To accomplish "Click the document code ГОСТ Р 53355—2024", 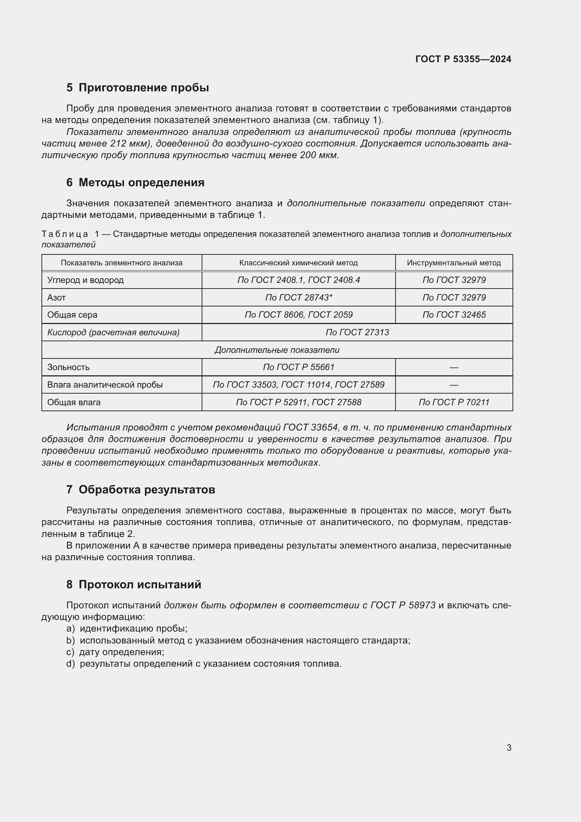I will click(x=463, y=59).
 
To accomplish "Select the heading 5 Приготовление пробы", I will click(x=138, y=88).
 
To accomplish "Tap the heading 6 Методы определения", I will click(x=135, y=183).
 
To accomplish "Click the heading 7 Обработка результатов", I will click(x=141, y=490).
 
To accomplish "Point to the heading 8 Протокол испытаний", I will click(x=134, y=584).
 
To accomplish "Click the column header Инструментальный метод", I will click(x=453, y=263).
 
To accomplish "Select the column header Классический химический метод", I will click(x=298, y=263).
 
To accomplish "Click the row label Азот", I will click(x=57, y=298).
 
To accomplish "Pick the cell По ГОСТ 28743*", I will click(x=298, y=298).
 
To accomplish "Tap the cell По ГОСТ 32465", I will click(x=453, y=315).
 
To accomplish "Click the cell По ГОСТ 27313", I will click(x=357, y=332).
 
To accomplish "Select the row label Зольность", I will click(x=68, y=367).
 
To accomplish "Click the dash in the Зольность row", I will click(x=453, y=367).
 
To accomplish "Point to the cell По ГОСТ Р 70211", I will click(x=453, y=402).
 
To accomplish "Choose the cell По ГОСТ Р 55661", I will click(x=298, y=367).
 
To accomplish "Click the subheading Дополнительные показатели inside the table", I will click(x=277, y=350).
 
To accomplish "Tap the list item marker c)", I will click(x=71, y=652).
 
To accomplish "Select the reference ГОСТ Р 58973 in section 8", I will click(x=403, y=606).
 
